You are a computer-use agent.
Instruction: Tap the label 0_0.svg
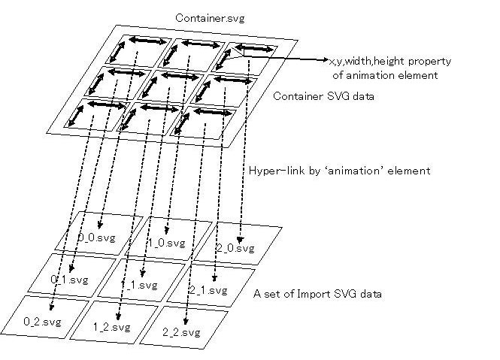pyautogui.click(x=95, y=238)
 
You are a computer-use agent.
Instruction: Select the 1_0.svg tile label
pyautogui.click(x=166, y=243)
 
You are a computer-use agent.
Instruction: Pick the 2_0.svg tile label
pyautogui.click(x=235, y=247)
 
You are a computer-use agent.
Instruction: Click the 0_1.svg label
pyautogui.click(x=68, y=280)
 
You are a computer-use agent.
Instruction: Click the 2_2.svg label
pyautogui.click(x=181, y=331)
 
